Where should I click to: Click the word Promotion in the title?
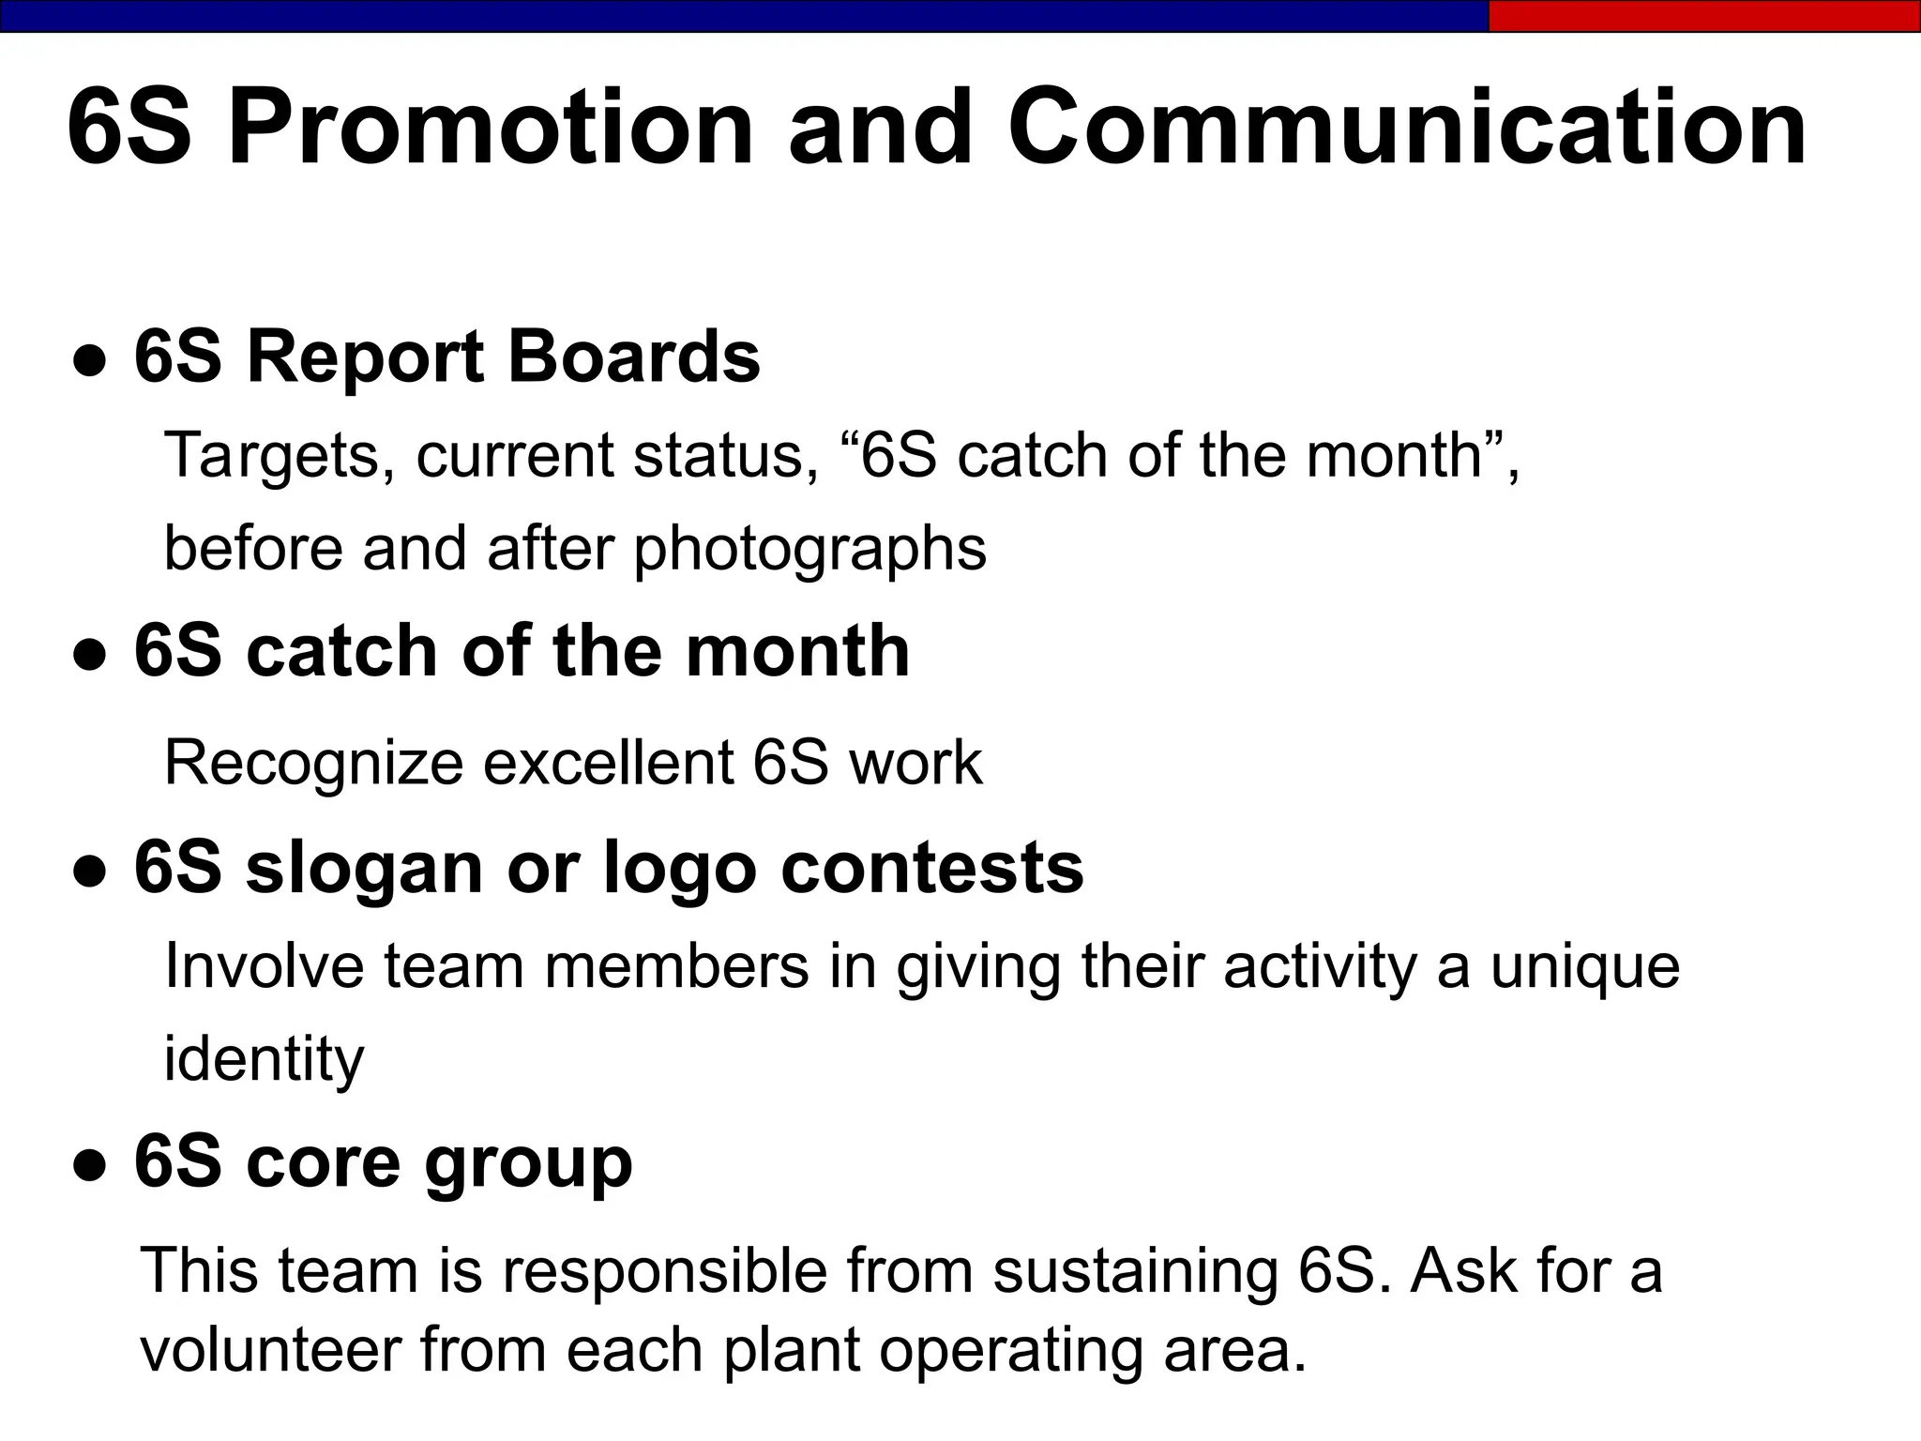[491, 129]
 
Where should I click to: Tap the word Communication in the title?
[1406, 129]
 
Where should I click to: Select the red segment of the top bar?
[1703, 16]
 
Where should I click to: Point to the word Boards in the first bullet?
[633, 357]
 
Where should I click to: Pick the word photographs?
[810, 550]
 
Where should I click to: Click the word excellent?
[608, 763]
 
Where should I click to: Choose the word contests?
[931, 869]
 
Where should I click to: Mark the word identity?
[264, 1060]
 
